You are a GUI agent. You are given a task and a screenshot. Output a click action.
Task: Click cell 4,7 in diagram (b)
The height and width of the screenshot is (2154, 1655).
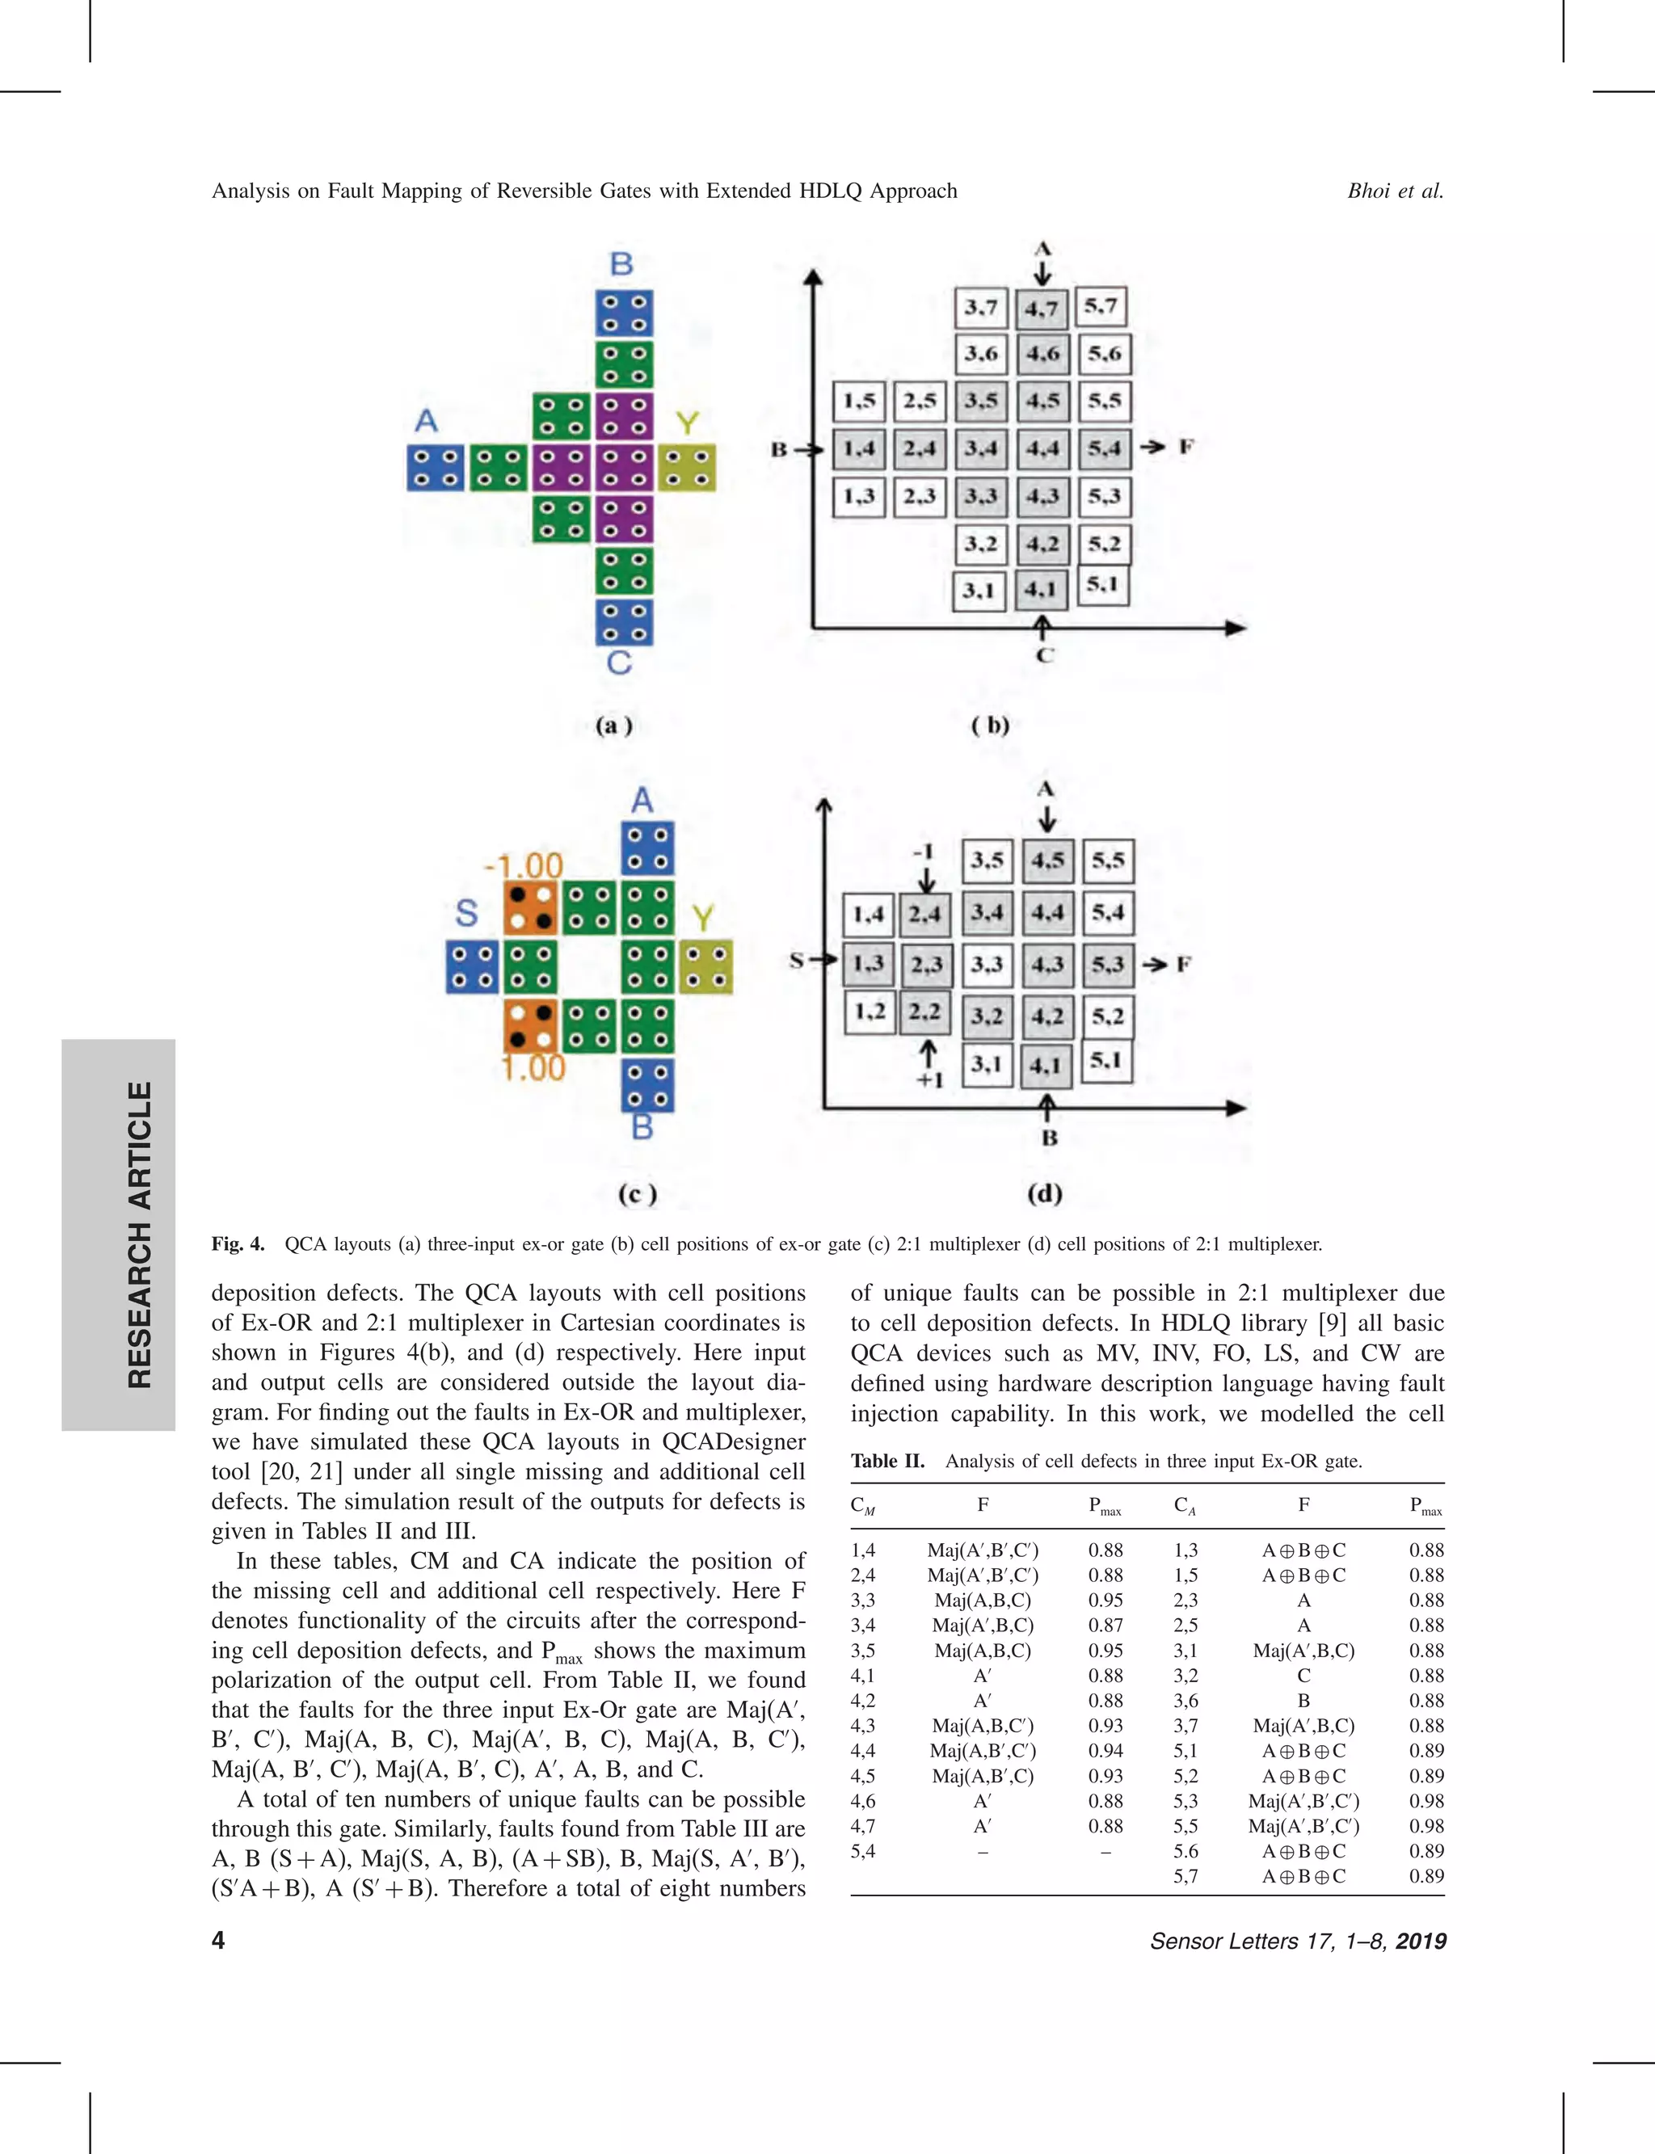click(1042, 309)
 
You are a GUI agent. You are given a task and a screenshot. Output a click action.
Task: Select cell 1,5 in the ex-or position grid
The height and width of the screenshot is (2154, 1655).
click(859, 401)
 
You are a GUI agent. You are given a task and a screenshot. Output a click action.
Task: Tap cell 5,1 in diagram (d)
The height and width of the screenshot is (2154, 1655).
click(1106, 1061)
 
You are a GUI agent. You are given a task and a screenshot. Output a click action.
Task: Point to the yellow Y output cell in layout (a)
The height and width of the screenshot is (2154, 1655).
click(687, 468)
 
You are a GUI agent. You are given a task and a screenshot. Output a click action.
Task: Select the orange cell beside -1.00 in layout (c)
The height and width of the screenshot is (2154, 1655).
click(530, 908)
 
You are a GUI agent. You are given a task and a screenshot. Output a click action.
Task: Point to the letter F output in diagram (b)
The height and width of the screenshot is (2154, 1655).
click(1186, 447)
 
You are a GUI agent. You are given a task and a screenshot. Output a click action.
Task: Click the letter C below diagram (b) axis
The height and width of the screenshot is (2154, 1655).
click(1045, 655)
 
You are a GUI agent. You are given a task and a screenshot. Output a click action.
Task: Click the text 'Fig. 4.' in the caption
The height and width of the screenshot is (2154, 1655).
click(238, 1244)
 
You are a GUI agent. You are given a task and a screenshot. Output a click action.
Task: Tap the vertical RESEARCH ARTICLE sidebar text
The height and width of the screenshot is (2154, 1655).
click(140, 1234)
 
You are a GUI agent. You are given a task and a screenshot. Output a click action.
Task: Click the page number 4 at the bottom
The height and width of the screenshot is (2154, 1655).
click(217, 1939)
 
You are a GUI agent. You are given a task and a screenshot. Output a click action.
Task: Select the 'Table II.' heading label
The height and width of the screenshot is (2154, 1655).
click(887, 1461)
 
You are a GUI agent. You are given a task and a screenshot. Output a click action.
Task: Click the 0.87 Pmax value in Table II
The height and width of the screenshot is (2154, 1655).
click(1105, 1625)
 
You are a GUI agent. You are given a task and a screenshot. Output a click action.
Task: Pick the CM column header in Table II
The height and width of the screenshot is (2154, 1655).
click(863, 1505)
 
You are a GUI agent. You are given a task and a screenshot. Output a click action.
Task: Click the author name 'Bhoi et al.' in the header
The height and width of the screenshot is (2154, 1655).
click(1395, 191)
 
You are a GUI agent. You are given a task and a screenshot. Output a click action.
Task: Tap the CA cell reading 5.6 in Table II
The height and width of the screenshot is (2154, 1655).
click(1186, 1851)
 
